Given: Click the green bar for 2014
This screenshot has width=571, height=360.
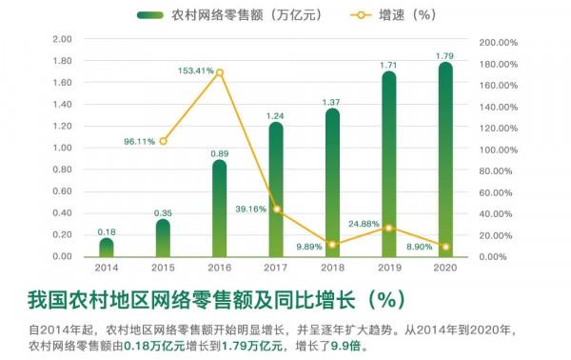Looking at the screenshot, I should point(107,248).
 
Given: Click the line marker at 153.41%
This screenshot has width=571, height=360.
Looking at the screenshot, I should point(220,72).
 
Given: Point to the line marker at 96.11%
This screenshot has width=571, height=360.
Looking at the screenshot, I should point(163,141).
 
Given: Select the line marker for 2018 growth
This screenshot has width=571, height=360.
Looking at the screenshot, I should point(332,245).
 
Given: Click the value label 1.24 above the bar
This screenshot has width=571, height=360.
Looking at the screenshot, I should point(276,116).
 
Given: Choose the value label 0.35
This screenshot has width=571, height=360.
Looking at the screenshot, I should point(163,212).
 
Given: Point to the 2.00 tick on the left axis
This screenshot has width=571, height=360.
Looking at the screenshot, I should point(63,40).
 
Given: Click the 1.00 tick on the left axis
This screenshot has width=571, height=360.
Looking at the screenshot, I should point(63,149).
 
